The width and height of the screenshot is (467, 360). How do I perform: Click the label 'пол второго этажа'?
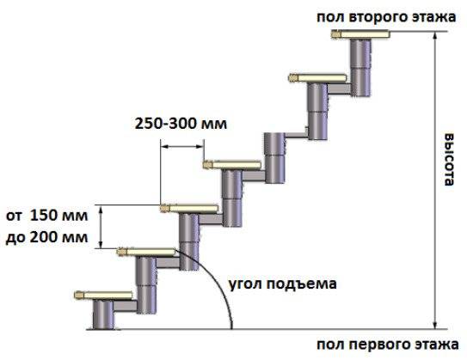pyautogui.click(x=386, y=17)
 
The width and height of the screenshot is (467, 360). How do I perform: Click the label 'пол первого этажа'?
pyautogui.click(x=388, y=345)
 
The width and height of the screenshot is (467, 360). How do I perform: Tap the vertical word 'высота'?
pyautogui.click(x=449, y=160)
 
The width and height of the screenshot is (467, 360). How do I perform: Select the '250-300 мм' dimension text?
pyautogui.click(x=181, y=124)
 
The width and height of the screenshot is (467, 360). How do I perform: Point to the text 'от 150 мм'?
pyautogui.click(x=47, y=216)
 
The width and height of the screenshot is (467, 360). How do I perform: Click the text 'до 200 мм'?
pyautogui.click(x=47, y=237)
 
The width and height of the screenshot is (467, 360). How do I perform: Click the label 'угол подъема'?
pyautogui.click(x=283, y=284)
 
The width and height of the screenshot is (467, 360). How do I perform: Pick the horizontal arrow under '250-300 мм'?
pyautogui.click(x=182, y=146)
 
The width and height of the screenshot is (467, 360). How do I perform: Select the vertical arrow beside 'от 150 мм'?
pyautogui.click(x=101, y=227)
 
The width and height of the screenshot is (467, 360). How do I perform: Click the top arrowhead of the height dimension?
pyautogui.click(x=435, y=35)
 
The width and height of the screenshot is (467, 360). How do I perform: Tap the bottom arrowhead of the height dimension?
pyautogui.click(x=435, y=326)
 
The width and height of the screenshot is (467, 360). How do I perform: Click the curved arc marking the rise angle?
pyautogui.click(x=216, y=280)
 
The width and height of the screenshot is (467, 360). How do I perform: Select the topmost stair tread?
pyautogui.click(x=360, y=34)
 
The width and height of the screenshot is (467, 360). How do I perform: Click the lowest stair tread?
pyautogui.click(x=103, y=296)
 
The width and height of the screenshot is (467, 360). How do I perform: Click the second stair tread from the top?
pyautogui.click(x=317, y=78)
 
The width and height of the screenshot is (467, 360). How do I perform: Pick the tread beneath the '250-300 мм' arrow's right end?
pyautogui.click(x=232, y=164)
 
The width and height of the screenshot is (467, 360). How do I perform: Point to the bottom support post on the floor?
pyautogui.click(x=103, y=314)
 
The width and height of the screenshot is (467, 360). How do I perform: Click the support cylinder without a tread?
pyautogui.click(x=274, y=158)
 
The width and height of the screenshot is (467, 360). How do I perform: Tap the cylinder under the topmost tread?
pyautogui.click(x=360, y=67)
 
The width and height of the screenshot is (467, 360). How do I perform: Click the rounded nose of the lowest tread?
pyautogui.click(x=79, y=296)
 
